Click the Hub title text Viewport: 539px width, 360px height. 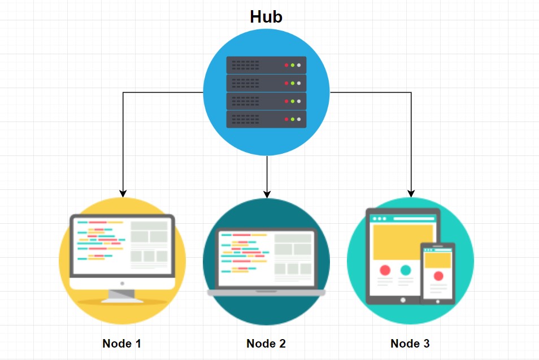tap(266, 17)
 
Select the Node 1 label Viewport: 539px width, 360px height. tap(121, 344)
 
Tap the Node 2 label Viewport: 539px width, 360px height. tap(266, 344)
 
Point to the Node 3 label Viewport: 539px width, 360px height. tap(410, 344)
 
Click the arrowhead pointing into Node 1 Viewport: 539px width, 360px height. tap(123, 193)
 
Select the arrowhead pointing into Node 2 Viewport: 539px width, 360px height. tap(267, 193)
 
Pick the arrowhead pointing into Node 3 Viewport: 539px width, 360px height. tap(411, 193)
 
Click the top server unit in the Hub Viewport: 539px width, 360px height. tap(266, 65)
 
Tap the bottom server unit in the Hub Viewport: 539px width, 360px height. tap(266, 119)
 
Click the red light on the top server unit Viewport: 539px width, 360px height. tap(286, 65)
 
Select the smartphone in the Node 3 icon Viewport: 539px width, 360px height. tap(438, 273)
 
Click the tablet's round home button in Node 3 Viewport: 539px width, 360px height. tap(403, 300)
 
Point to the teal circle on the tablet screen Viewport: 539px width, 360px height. tap(405, 270)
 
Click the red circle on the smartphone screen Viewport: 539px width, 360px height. tap(438, 276)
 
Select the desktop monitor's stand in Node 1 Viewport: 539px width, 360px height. tap(122, 294)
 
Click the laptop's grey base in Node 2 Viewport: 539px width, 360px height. tap(266, 293)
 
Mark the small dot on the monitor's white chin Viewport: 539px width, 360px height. tap(122, 283)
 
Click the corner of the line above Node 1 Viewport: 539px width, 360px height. tap(123, 92)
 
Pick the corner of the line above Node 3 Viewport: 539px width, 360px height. tap(411, 92)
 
